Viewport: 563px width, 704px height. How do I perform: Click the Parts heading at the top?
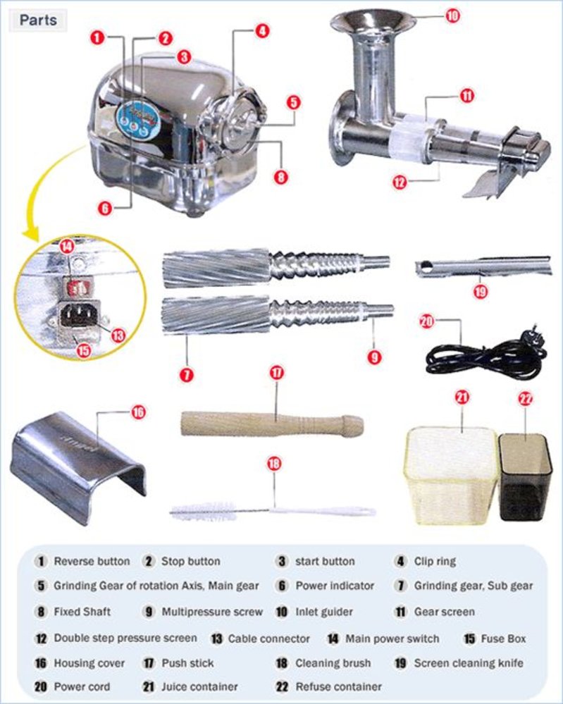coord(38,20)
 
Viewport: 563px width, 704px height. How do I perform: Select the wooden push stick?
coord(272,423)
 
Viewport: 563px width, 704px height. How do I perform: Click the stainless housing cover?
coord(78,462)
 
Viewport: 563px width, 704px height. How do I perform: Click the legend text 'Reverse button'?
coord(92,562)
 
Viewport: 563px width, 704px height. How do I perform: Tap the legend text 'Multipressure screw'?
coord(212,612)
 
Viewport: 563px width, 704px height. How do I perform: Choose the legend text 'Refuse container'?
coord(338,686)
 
